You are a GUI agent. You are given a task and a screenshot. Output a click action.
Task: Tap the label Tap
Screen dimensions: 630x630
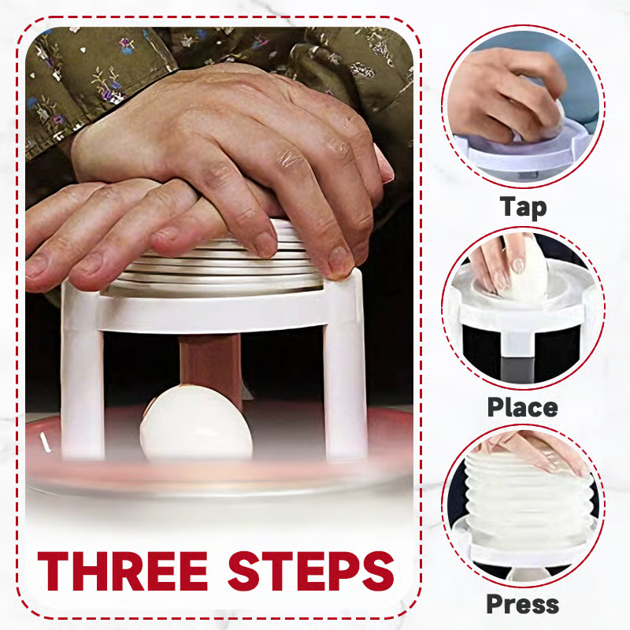(523, 207)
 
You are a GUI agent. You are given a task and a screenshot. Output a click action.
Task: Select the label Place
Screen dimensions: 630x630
(522, 407)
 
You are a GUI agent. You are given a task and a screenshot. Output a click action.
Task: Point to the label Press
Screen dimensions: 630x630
(522, 605)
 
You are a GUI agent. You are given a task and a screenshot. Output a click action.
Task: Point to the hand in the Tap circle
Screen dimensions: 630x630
(504, 94)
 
